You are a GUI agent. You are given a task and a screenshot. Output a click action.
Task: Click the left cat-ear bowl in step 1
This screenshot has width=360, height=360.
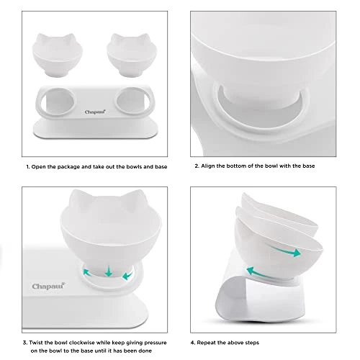[58, 55]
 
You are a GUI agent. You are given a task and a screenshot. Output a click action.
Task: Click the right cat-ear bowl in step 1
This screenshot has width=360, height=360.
[132, 55]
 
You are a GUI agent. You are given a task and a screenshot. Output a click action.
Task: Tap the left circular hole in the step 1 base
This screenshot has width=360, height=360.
[58, 102]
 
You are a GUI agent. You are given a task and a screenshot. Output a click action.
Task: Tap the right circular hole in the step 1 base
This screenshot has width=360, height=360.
[132, 102]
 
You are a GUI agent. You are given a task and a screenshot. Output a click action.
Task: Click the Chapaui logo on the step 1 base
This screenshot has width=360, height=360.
[95, 112]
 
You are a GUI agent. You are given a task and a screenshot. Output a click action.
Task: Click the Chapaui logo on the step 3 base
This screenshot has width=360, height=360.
[48, 286]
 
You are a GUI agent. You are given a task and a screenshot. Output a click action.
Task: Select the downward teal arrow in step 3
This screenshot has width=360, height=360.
[109, 271]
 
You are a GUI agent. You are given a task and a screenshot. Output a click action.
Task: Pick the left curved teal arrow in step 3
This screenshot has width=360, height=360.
[87, 273]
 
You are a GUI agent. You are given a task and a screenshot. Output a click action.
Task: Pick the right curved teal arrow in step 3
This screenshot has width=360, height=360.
[127, 274]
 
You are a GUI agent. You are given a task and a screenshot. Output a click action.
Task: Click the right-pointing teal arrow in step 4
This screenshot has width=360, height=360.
[286, 251]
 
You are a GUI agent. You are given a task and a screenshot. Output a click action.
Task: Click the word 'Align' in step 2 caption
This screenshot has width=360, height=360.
[208, 166]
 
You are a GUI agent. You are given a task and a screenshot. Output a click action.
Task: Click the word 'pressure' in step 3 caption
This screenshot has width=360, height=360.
[155, 343]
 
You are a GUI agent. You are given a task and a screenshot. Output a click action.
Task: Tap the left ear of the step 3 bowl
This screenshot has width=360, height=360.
[77, 197]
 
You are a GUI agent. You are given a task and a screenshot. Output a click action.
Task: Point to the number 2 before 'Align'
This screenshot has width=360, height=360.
[197, 166]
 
